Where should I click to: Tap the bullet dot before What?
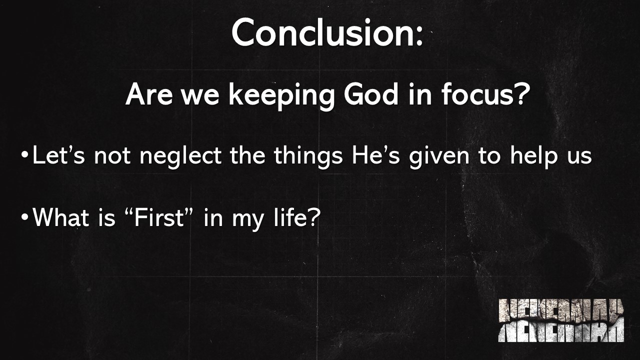[x=25, y=218]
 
